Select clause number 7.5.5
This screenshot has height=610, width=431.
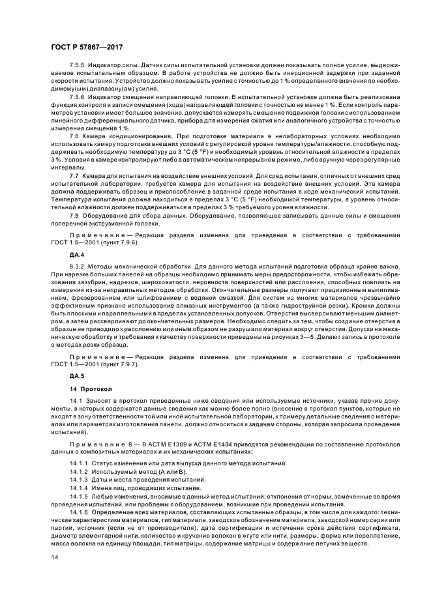coord(78,66)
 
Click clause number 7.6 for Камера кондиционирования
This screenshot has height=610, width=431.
coord(74,135)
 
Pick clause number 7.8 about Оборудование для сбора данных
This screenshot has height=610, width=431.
coord(74,214)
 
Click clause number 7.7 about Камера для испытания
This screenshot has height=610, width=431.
coord(74,175)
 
